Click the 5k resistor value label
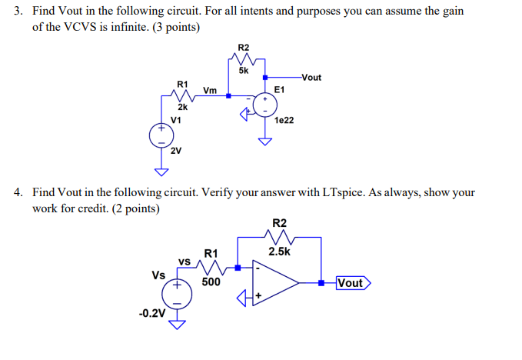[x=243, y=71]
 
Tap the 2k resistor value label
[x=183, y=108]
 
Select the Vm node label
[x=209, y=90]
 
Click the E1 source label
[x=280, y=90]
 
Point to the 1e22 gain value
[x=284, y=121]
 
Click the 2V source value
[x=176, y=151]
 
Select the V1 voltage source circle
[x=161, y=137]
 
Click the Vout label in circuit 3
[x=311, y=77]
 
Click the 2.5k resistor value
[x=278, y=252]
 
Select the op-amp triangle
[x=276, y=283]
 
